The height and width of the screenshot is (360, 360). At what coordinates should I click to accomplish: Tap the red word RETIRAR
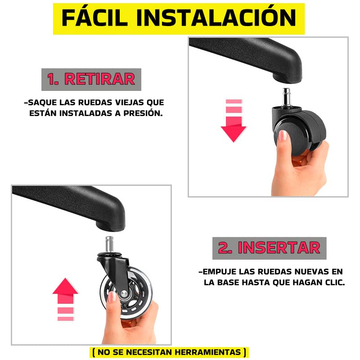coord(99,79)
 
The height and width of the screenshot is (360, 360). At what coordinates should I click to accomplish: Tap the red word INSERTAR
coord(279,248)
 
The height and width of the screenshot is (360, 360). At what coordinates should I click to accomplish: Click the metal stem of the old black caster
coord(286,97)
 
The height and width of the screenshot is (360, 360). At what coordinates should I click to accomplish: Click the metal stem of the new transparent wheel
coord(109,244)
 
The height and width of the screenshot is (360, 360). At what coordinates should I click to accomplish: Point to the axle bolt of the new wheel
coord(124,293)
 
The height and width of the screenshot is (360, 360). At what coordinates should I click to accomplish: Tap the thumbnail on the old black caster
coord(283,135)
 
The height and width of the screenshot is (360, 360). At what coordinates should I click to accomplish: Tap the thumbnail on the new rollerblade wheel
coord(112,297)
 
